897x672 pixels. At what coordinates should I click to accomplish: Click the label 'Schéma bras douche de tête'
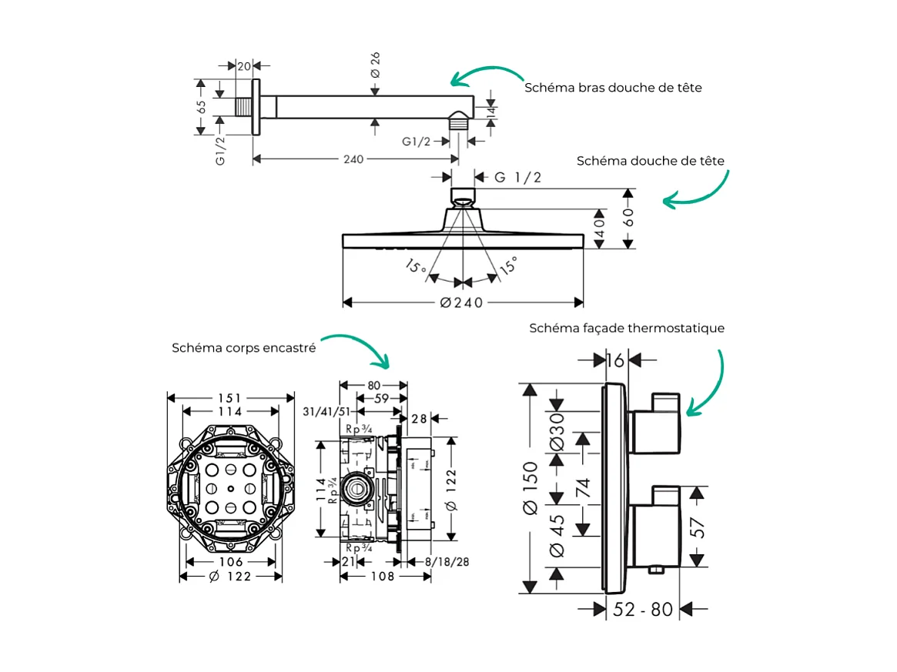pos(613,88)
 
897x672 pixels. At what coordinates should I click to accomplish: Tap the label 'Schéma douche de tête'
pos(650,161)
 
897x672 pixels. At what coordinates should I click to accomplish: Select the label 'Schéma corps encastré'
pos(243,348)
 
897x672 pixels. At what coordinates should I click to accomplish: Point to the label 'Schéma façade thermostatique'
pos(626,328)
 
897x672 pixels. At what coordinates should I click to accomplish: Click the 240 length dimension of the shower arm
pos(353,159)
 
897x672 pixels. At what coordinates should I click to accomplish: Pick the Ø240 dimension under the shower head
pos(462,303)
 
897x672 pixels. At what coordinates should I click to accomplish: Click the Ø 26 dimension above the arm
pos(375,65)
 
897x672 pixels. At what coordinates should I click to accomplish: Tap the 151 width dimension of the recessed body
pos(229,398)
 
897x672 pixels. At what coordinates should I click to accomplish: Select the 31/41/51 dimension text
pos(327,412)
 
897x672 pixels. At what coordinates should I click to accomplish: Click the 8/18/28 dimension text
pos(447,562)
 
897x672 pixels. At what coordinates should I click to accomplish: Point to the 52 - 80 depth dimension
pos(643,610)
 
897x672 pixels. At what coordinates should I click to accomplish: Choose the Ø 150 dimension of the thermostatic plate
pos(529,486)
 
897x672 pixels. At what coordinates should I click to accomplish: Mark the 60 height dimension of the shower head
pos(629,219)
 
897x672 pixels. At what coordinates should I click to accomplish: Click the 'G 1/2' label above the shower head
pos(518,178)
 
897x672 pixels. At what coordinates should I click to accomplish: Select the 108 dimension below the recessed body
pos(382,576)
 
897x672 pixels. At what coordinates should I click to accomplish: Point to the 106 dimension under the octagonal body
pos(229,562)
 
